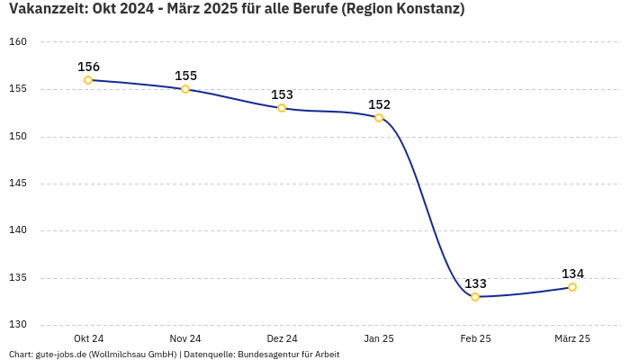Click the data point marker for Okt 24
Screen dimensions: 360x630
[x=88, y=80]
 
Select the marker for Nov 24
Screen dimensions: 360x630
[x=185, y=89]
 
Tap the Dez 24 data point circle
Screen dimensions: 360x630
[x=282, y=108]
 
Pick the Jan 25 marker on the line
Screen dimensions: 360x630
[x=379, y=118]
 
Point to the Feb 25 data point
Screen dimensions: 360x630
[x=475, y=297]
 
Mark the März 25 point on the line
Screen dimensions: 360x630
[x=572, y=287]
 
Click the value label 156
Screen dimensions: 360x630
[x=88, y=67]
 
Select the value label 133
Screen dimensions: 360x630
[x=475, y=283]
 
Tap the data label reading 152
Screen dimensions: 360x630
[x=379, y=104]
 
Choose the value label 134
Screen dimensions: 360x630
[x=572, y=274]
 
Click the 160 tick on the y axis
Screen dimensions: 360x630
[x=19, y=42]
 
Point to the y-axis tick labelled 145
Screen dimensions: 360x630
[x=19, y=184]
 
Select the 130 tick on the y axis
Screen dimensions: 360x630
[x=19, y=325]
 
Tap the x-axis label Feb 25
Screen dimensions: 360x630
[x=475, y=338]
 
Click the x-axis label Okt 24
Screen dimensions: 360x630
[x=88, y=338]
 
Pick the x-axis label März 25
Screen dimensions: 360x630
[x=572, y=338]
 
